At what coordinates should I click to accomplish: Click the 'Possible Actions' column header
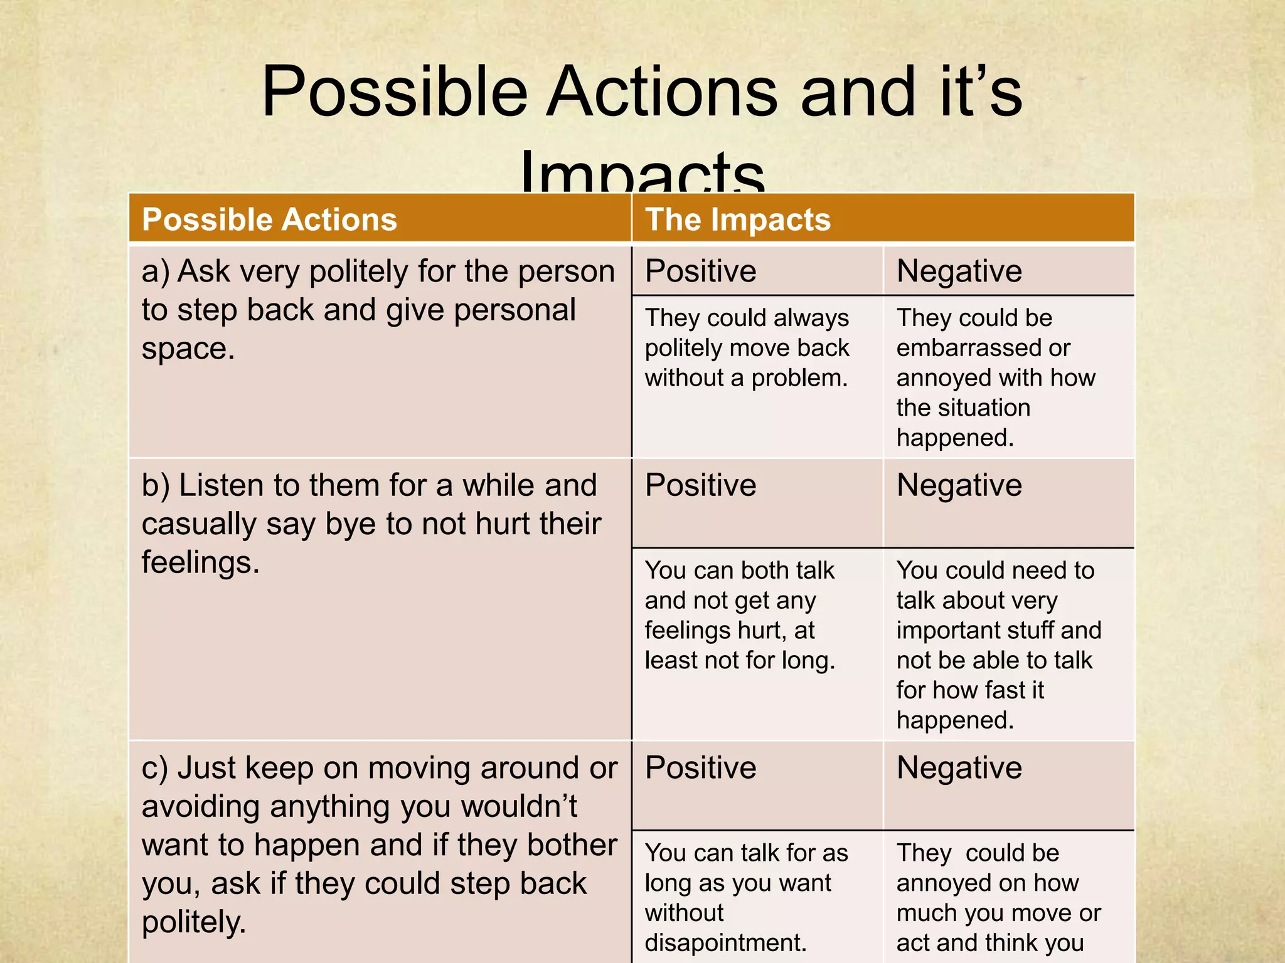[x=269, y=220]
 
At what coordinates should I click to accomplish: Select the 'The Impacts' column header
[x=737, y=220]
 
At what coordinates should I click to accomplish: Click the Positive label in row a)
[x=700, y=271]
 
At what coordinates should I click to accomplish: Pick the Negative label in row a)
[x=959, y=271]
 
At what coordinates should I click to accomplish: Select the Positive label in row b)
[x=700, y=485]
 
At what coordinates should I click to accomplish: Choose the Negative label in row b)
[x=959, y=485]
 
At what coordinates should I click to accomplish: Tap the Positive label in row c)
[x=700, y=768]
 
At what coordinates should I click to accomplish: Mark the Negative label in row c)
[x=959, y=768]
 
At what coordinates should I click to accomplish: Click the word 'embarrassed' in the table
[x=967, y=348]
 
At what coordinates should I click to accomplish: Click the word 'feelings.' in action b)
[x=200, y=562]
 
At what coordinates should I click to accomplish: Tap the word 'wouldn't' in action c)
[x=519, y=807]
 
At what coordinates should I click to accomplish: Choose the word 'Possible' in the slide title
[x=393, y=92]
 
